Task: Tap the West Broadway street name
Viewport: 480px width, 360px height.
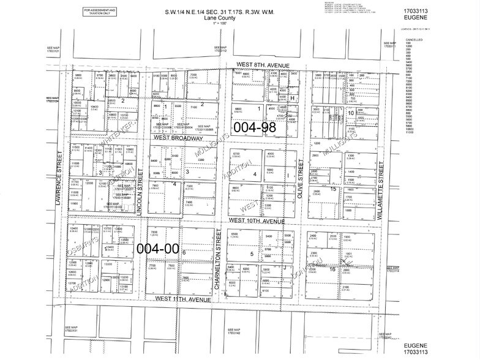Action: coord(178,139)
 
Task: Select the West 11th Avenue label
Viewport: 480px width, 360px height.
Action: coord(183,299)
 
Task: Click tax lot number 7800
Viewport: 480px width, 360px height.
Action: coord(156,233)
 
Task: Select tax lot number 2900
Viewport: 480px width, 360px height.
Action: coord(315,156)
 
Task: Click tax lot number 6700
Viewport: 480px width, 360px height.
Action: coord(236,154)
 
